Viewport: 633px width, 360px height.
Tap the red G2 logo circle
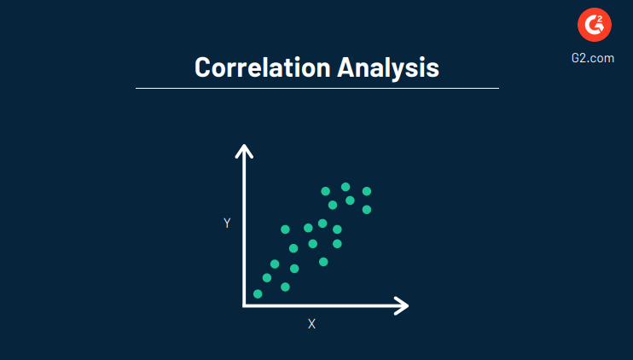click(595, 26)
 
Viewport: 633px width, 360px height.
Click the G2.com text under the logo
click(595, 58)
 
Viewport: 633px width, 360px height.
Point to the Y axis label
click(227, 223)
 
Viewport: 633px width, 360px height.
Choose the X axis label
click(311, 324)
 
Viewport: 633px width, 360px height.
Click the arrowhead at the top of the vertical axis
click(244, 150)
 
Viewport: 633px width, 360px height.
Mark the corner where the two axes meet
click(245, 305)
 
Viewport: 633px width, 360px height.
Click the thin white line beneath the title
click(316, 88)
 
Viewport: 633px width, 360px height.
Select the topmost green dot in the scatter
click(346, 187)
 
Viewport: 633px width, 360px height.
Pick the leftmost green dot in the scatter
click(258, 294)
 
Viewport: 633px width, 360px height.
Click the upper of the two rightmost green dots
click(367, 191)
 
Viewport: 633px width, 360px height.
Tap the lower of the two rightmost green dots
click(367, 209)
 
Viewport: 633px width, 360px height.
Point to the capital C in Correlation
click(203, 67)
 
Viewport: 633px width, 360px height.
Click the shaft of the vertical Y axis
click(245, 230)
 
